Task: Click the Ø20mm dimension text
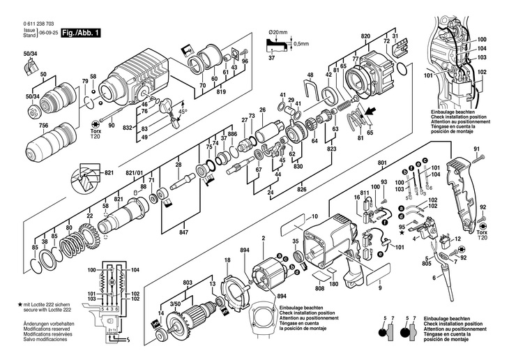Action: (278, 32)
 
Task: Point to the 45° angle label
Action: (183, 112)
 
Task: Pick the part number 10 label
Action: (315, 217)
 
